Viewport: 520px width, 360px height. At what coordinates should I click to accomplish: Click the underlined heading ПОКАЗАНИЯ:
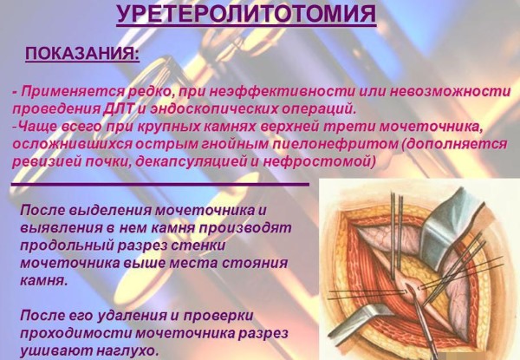(81, 54)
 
